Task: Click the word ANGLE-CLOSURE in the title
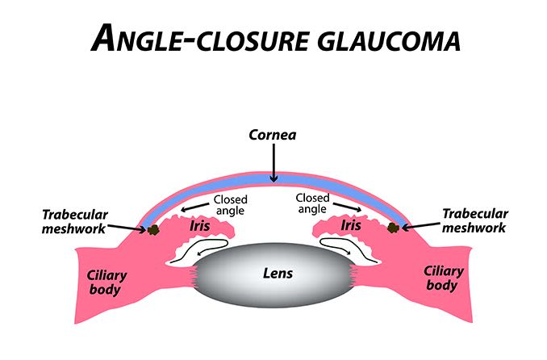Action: coord(187,37)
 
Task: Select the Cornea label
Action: coord(273,135)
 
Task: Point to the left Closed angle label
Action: coord(230,205)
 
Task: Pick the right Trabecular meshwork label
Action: coord(475,220)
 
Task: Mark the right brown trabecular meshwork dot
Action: coord(394,228)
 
